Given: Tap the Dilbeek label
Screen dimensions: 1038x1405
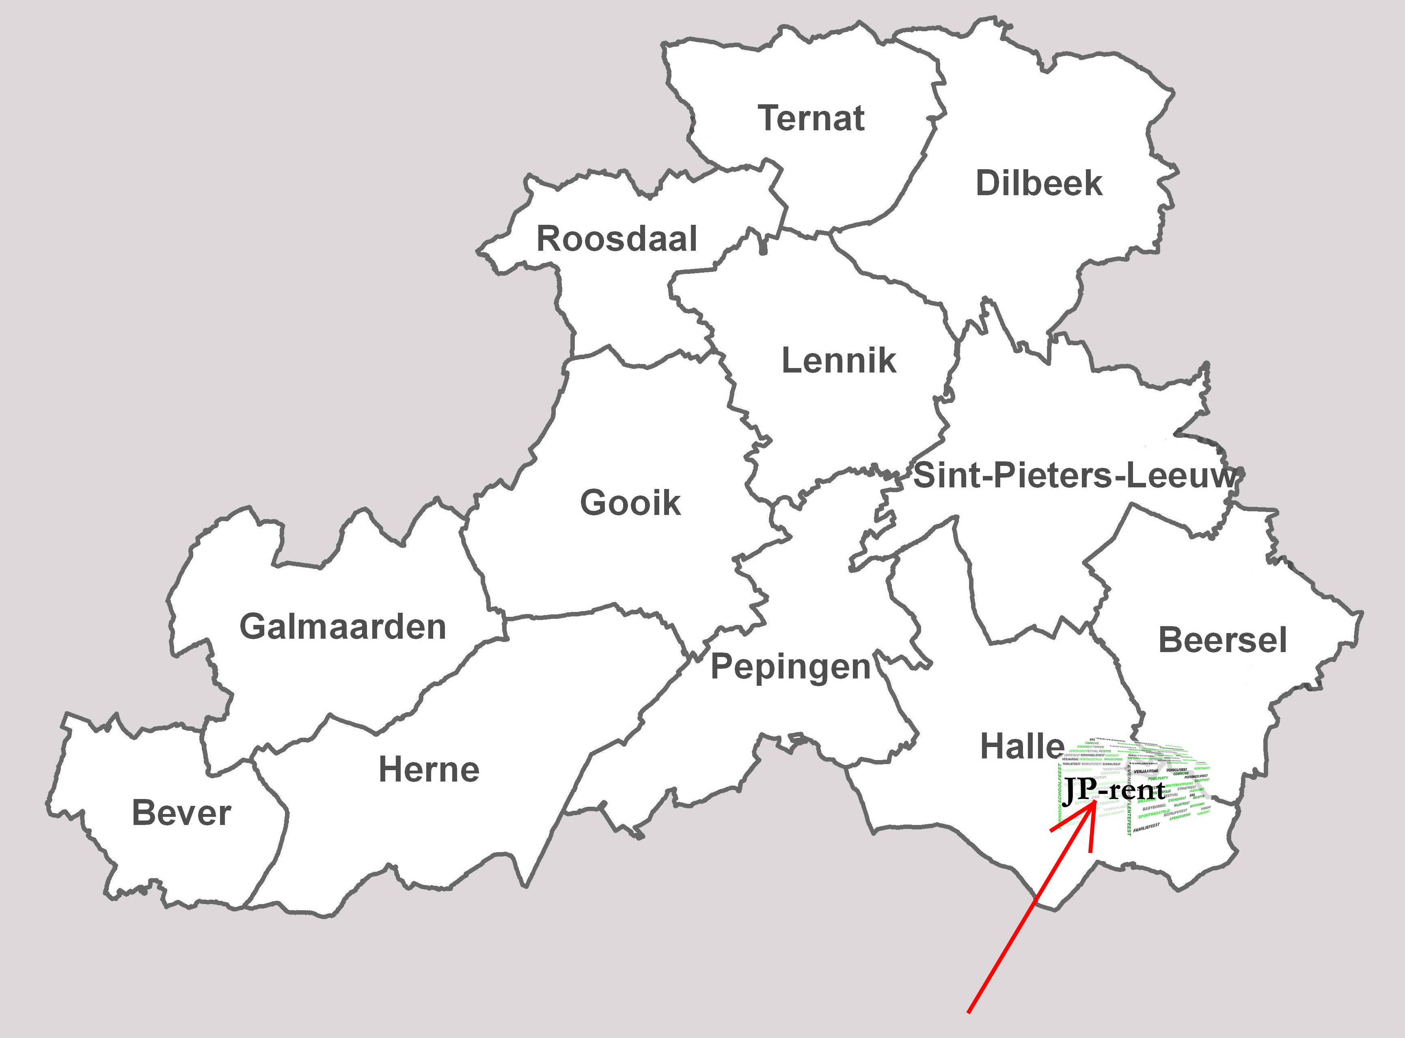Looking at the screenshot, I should tap(1038, 183).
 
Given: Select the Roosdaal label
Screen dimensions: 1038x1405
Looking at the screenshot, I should tap(616, 239).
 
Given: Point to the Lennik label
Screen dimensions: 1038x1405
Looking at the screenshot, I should tap(839, 361).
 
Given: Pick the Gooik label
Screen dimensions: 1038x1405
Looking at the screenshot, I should tap(630, 503).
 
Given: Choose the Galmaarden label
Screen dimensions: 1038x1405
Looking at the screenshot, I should tap(343, 627).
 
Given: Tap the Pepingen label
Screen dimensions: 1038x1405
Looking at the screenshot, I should tap(790, 667).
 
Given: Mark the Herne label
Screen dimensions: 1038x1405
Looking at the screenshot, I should tap(429, 770).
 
